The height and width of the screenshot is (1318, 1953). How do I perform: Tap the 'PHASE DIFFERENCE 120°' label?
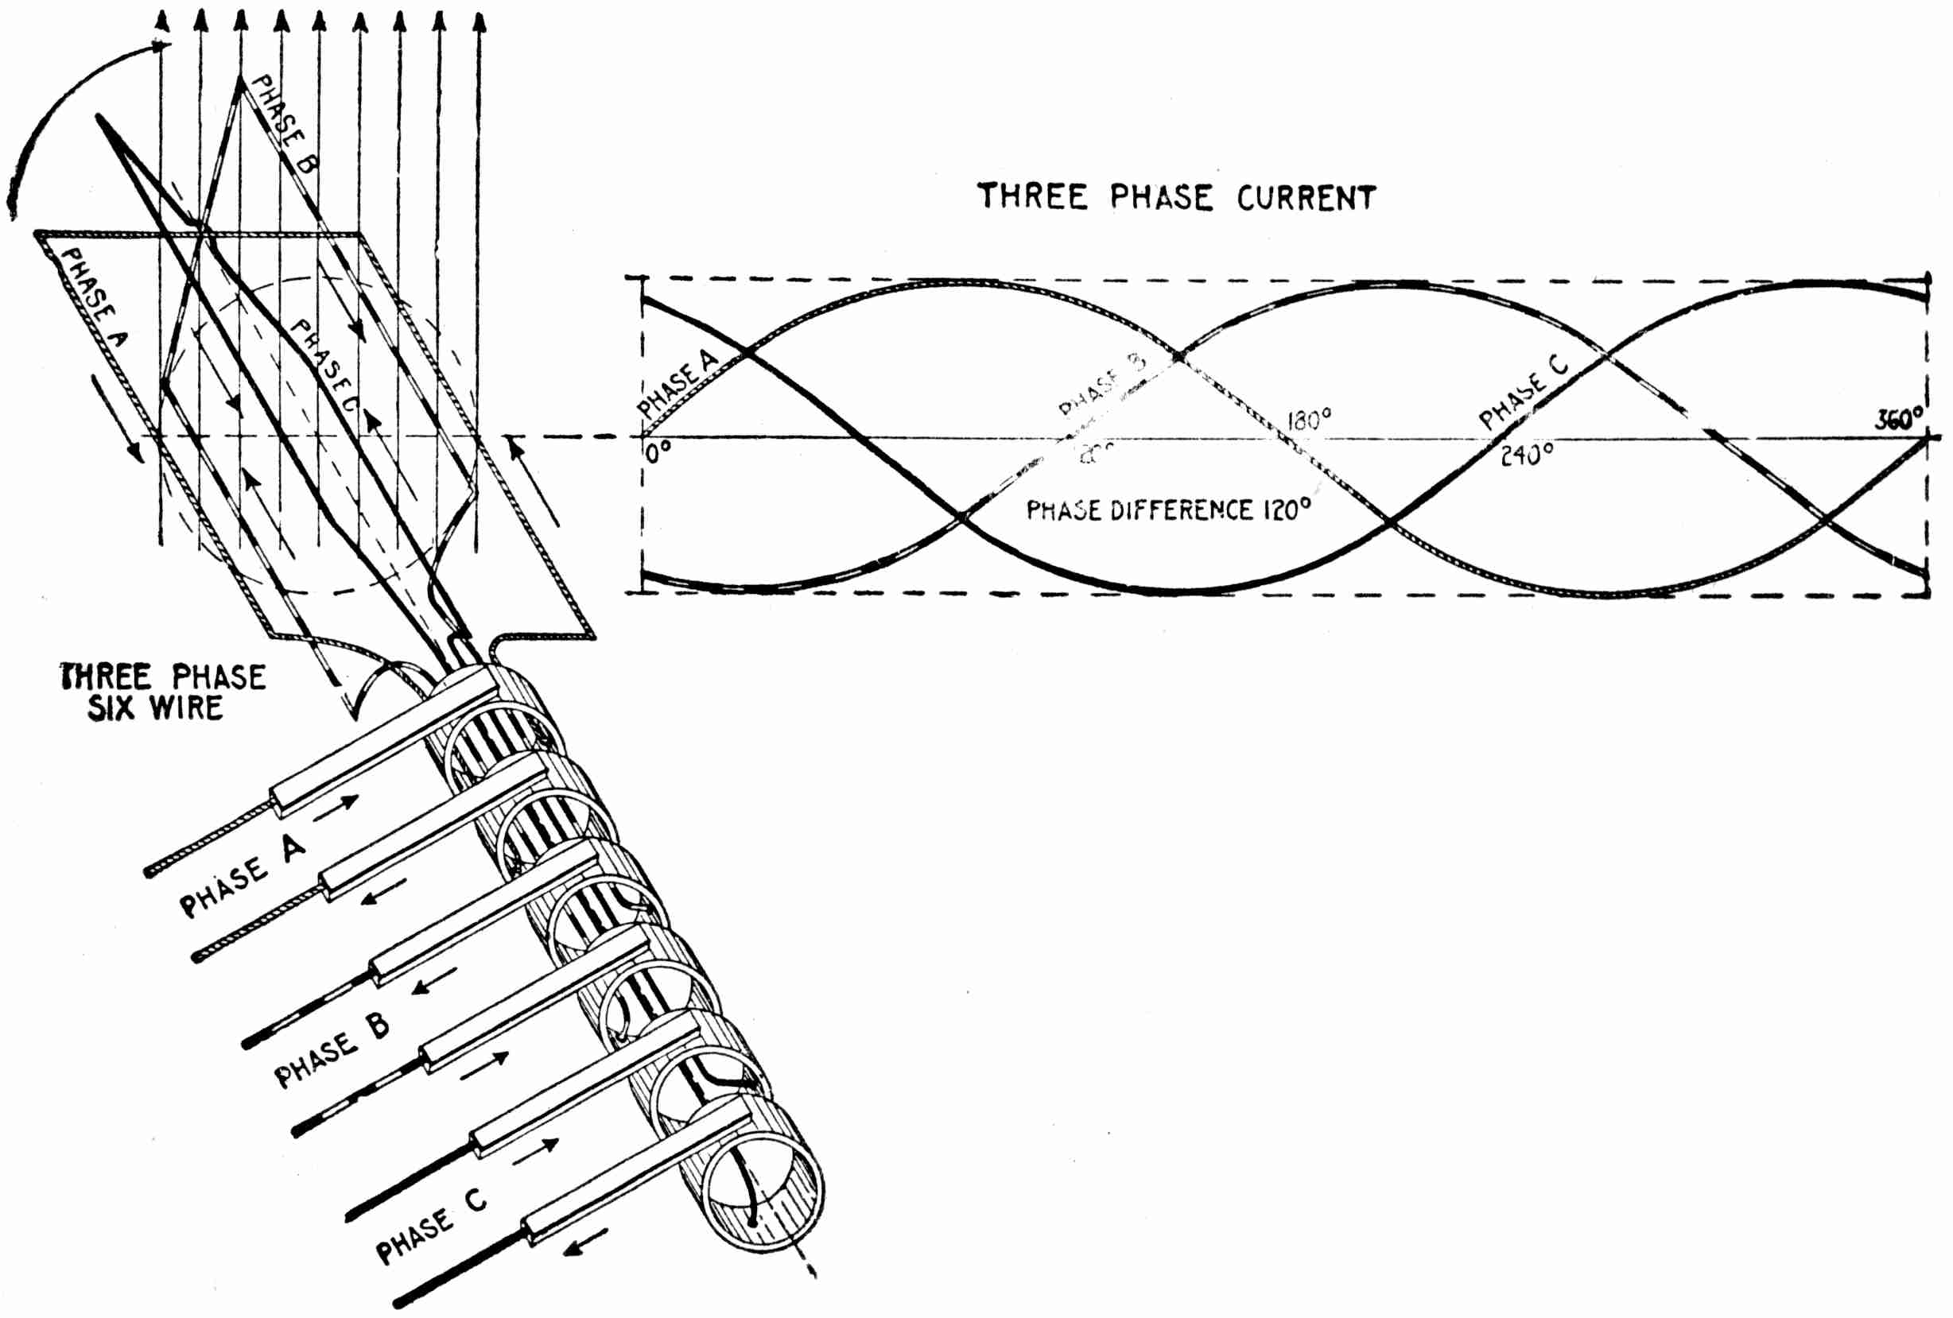pyautogui.click(x=1168, y=510)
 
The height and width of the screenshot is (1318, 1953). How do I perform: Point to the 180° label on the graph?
pyautogui.click(x=1309, y=419)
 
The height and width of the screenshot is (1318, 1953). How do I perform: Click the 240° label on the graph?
pyautogui.click(x=1527, y=455)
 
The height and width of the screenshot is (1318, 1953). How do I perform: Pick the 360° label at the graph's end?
pyautogui.click(x=1899, y=419)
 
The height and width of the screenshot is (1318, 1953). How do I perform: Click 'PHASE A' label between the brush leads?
pyautogui.click(x=242, y=877)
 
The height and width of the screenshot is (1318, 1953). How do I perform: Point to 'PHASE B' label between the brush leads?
pyautogui.click(x=332, y=1050)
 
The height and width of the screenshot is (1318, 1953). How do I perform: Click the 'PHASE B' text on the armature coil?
pyautogui.click(x=284, y=123)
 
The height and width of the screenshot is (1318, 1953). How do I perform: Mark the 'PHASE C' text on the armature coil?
pyautogui.click(x=324, y=366)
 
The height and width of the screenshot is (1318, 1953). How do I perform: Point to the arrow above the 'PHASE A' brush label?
pyautogui.click(x=336, y=805)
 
